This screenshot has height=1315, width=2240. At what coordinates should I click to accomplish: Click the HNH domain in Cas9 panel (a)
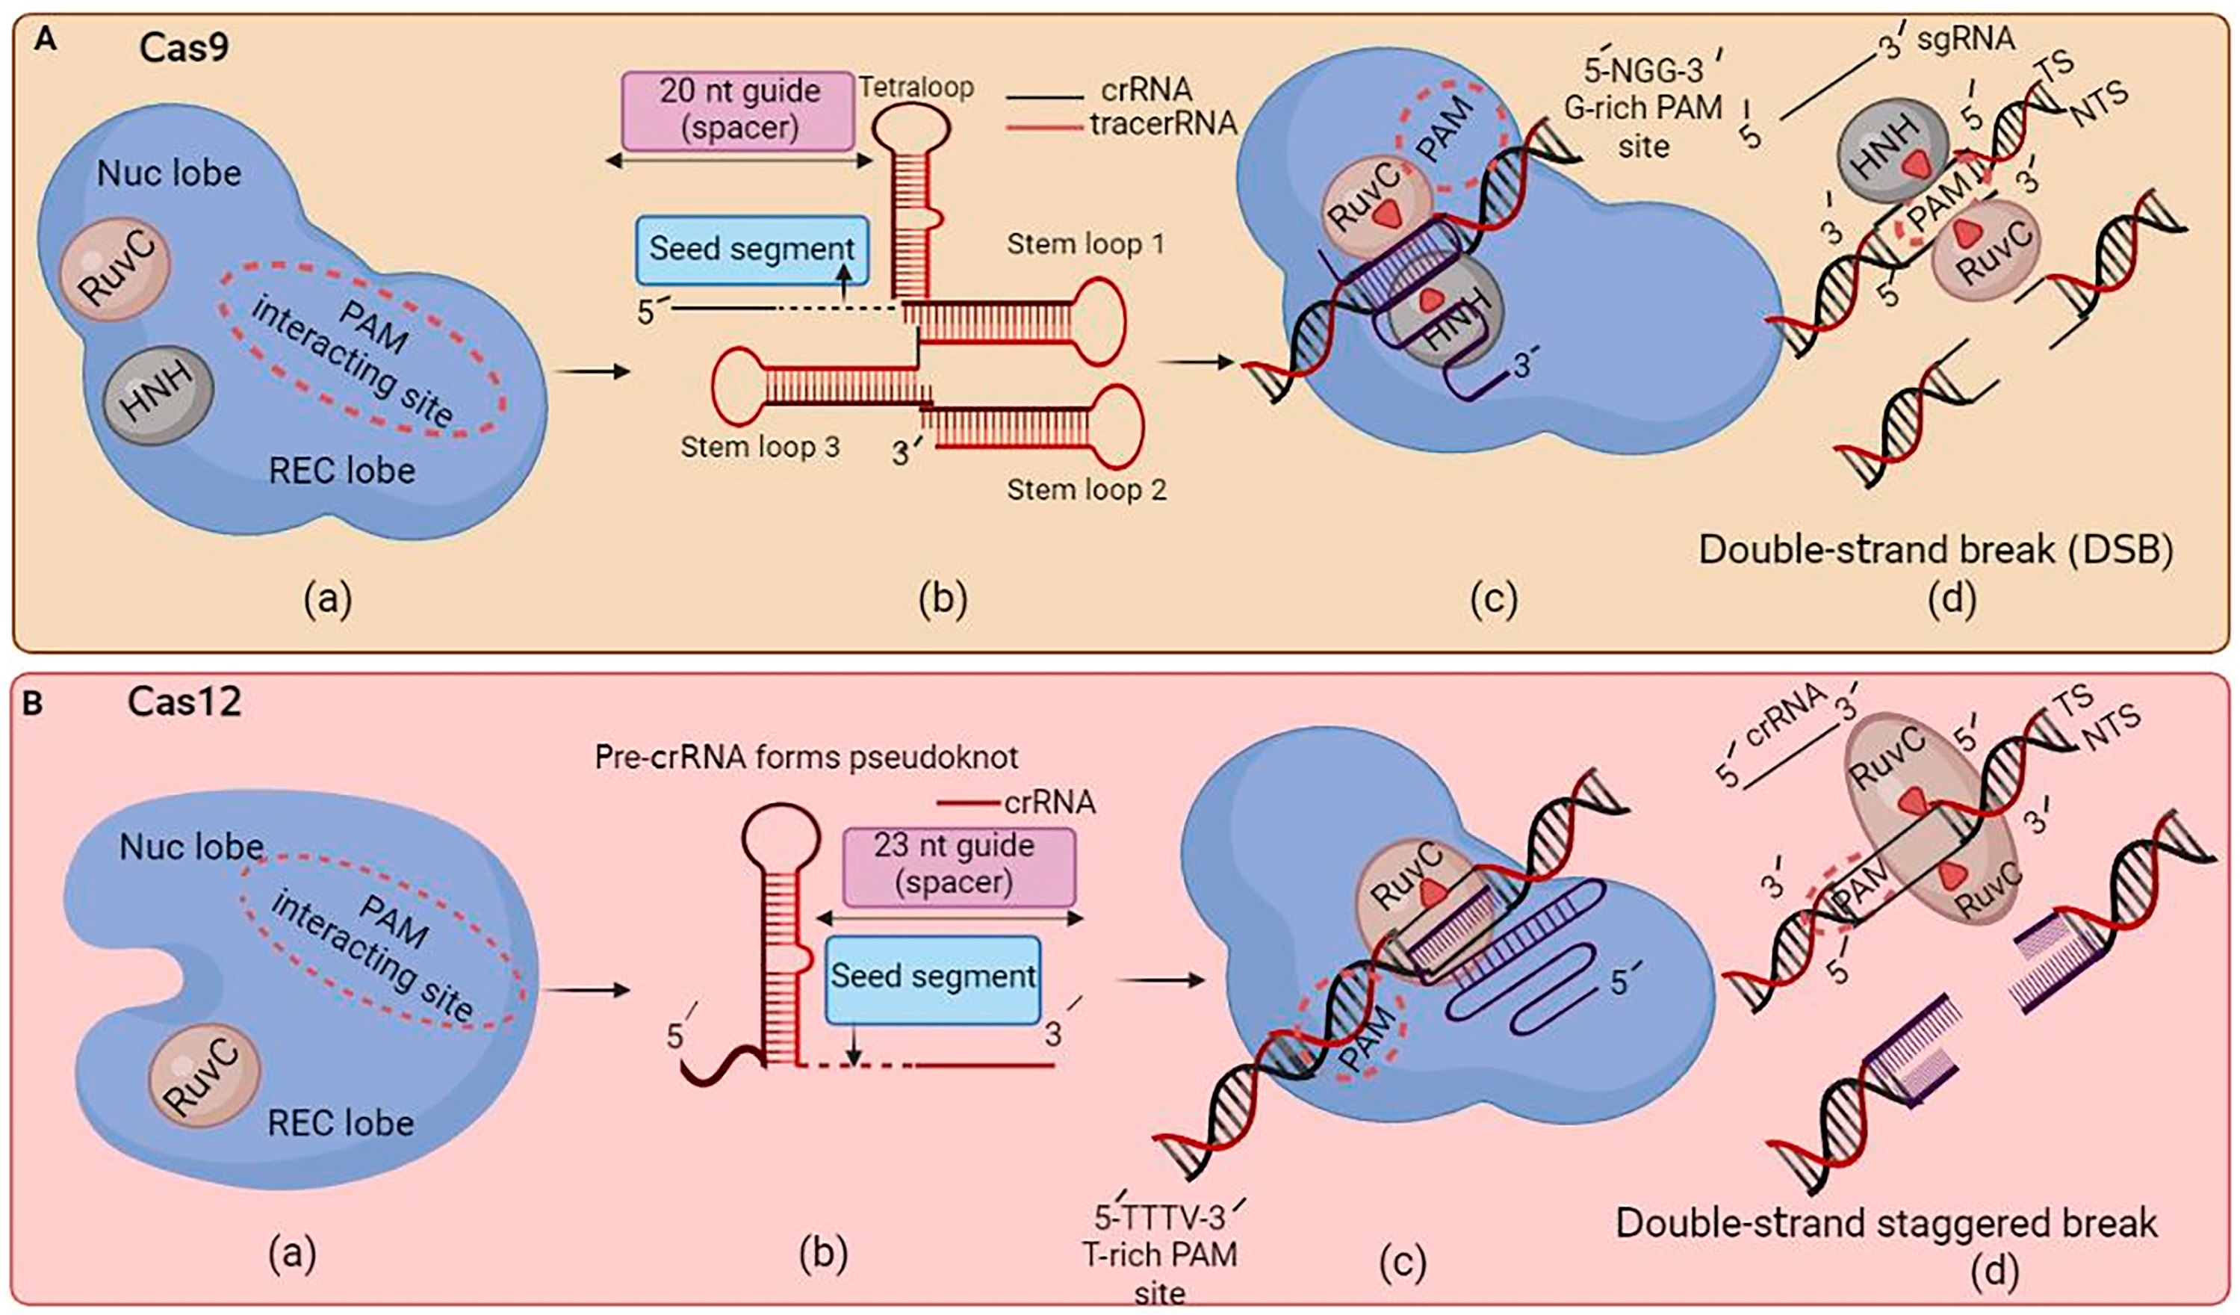[158, 394]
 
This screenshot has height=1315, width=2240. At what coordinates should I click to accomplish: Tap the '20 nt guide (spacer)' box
[739, 109]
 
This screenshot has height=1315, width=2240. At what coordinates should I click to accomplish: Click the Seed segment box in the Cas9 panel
[751, 248]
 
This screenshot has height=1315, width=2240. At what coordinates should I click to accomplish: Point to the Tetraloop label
[916, 87]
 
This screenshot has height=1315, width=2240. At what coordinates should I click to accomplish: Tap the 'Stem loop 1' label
[1085, 244]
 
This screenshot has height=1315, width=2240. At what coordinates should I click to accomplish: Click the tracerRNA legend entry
[1163, 123]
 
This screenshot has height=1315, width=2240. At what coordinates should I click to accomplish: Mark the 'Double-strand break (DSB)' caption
[1936, 549]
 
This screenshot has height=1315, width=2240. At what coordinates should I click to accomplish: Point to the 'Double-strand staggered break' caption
[1886, 1223]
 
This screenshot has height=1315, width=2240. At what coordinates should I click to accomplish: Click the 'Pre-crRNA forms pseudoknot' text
[806, 757]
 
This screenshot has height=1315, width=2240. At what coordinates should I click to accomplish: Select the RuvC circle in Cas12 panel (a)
[205, 1076]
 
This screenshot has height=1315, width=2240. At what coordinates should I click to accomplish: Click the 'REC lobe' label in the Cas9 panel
[342, 471]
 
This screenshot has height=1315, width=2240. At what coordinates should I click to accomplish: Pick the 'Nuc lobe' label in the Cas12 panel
[192, 847]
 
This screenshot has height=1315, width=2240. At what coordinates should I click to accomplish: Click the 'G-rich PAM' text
[1643, 108]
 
